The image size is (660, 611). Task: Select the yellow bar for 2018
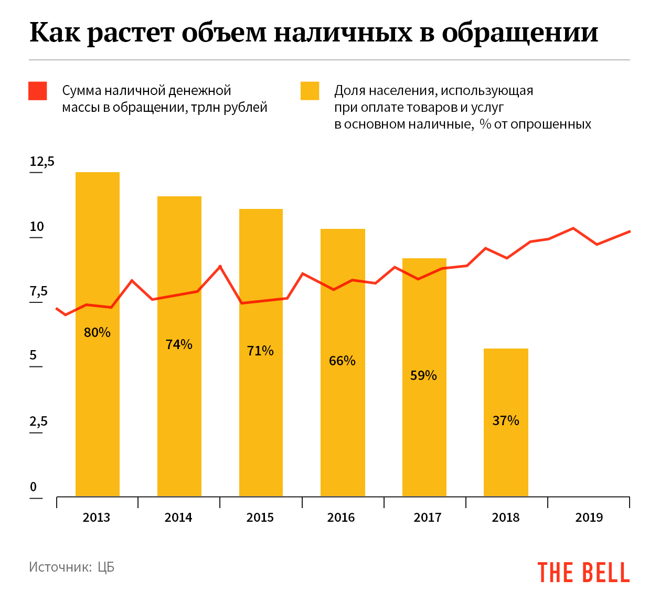pos(506,457)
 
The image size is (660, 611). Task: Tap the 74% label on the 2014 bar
pos(179,344)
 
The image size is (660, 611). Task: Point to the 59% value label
pos(423,375)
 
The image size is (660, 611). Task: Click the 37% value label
pos(506,420)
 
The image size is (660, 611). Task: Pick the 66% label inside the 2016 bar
pos(342,361)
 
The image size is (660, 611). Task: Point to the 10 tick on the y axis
pos(37,227)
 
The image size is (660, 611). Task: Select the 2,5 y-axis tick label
pos(38,422)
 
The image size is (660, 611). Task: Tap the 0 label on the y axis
pos(34,487)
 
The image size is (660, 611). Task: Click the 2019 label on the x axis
pos(589,518)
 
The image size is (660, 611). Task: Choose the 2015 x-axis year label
pos(260,518)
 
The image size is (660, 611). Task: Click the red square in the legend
pos(38,91)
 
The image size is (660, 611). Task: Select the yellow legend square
pos(310,91)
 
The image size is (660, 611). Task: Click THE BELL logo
pos(583,572)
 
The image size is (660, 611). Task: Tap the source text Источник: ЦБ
pos(71,567)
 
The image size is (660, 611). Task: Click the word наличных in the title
pos(343,33)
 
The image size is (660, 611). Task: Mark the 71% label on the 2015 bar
pos(260,351)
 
